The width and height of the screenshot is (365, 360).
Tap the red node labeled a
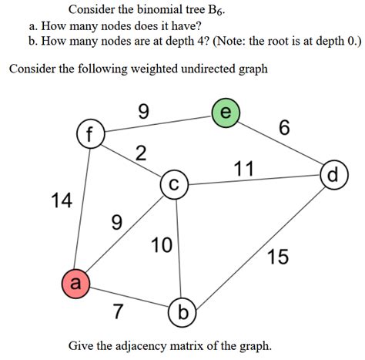click(x=75, y=284)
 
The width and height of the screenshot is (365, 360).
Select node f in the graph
click(x=90, y=134)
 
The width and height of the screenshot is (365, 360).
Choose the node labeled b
click(x=182, y=312)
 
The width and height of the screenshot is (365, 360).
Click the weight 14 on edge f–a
click(x=61, y=202)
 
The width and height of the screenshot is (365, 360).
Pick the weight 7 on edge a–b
click(x=118, y=312)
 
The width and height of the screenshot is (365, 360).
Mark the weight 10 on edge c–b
click(x=162, y=246)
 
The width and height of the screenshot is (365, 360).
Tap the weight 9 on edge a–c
click(x=116, y=223)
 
